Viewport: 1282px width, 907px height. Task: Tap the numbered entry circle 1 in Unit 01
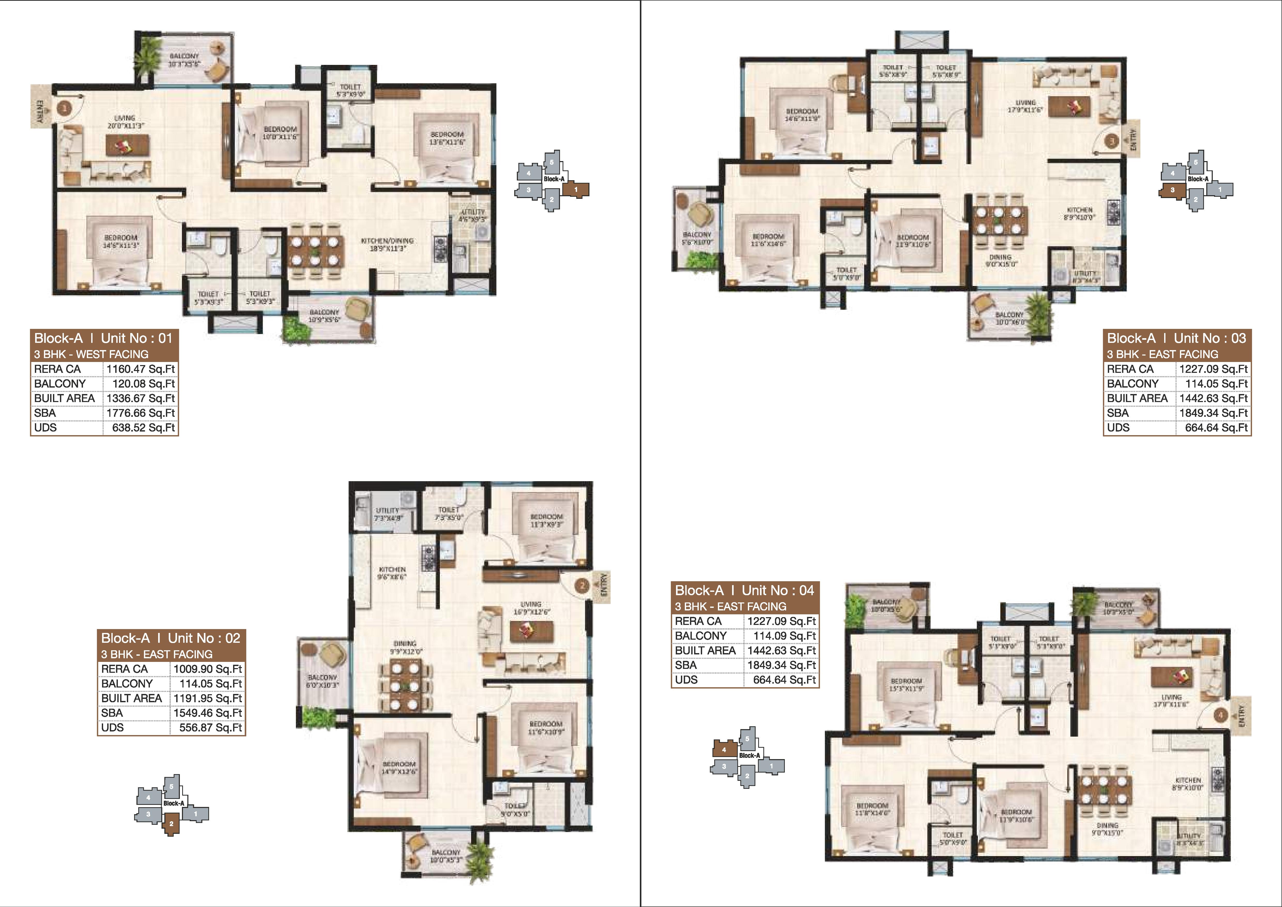coord(65,108)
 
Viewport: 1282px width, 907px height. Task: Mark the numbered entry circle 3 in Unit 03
coord(1112,141)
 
